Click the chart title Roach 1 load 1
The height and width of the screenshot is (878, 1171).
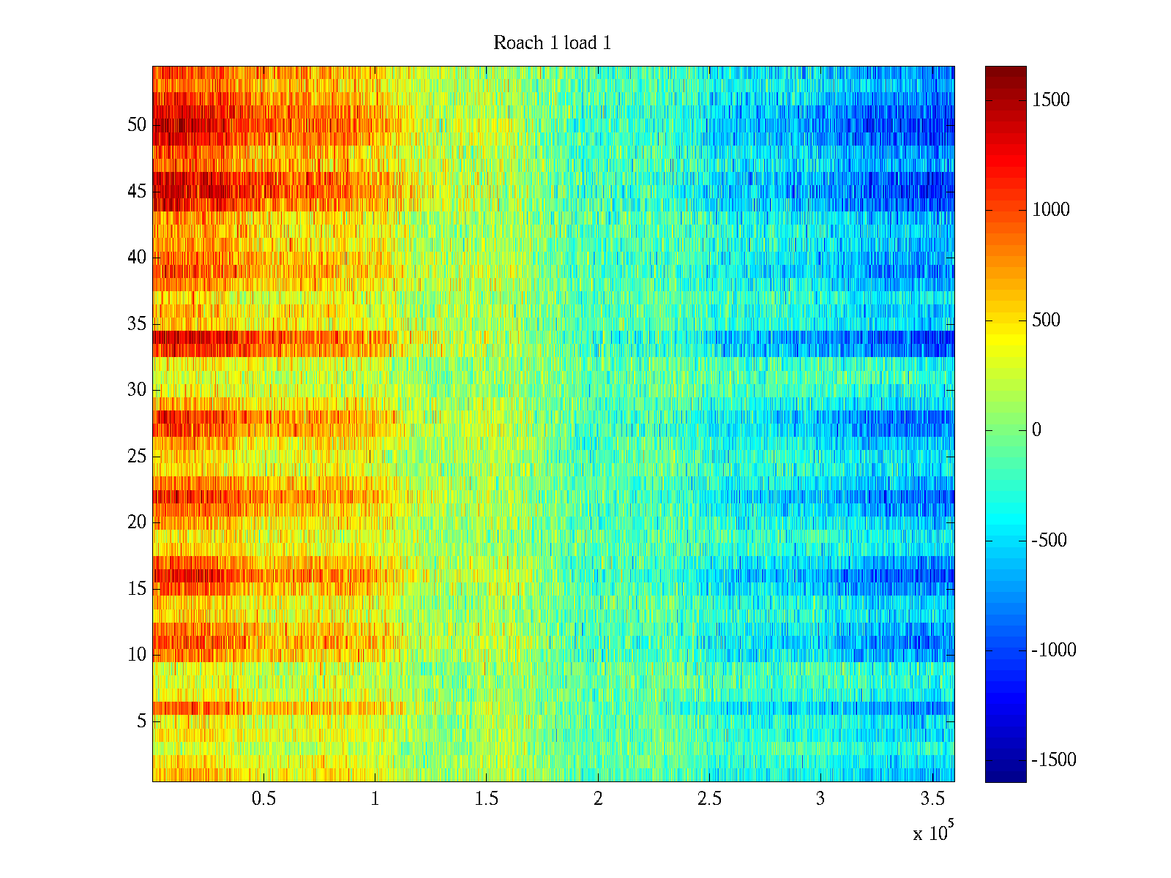[552, 43]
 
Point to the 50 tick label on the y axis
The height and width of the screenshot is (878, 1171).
[137, 125]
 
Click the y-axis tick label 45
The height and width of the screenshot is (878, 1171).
[137, 192]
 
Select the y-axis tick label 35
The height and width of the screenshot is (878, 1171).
[137, 324]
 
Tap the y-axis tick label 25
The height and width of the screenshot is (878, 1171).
[137, 457]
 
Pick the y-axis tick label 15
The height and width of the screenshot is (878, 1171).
[137, 589]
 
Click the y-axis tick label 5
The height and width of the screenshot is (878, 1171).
[141, 721]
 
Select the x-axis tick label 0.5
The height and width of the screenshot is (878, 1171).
[263, 799]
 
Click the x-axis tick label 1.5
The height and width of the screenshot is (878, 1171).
[487, 799]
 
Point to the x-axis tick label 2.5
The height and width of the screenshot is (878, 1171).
[709, 799]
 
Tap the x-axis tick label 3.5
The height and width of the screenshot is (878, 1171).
[932, 799]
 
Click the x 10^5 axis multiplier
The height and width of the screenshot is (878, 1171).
[932, 833]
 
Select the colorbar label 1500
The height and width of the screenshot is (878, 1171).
[1051, 100]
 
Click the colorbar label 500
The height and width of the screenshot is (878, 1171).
[1046, 320]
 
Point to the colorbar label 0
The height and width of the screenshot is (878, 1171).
[1036, 430]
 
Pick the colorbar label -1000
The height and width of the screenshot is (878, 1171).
[1054, 650]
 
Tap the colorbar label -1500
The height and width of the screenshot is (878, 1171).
[1054, 760]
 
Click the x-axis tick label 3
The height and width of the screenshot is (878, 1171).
[820, 799]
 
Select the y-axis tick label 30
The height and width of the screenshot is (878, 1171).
[137, 390]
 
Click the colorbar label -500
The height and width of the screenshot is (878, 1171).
[1049, 541]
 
